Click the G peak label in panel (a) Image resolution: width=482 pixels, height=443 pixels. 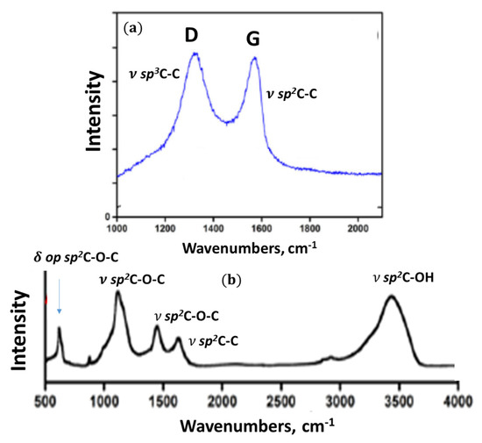click(252, 39)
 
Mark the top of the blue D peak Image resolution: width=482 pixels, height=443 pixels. click(195, 54)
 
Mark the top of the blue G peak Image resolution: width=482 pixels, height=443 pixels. click(254, 59)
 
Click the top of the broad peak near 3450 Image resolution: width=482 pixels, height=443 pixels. click(392, 297)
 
